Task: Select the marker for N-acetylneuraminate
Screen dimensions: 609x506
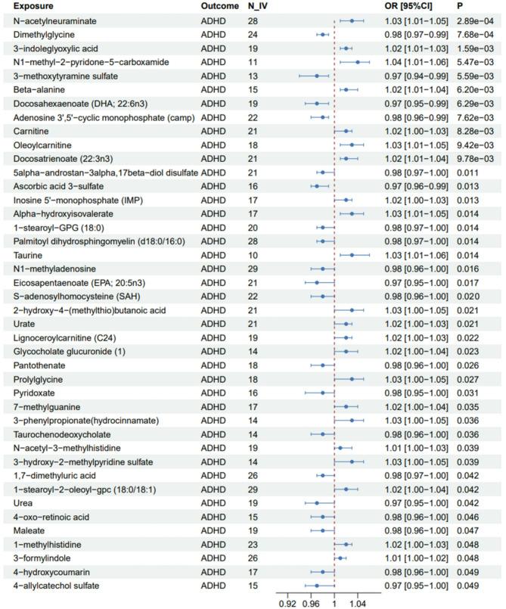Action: [352, 20]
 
